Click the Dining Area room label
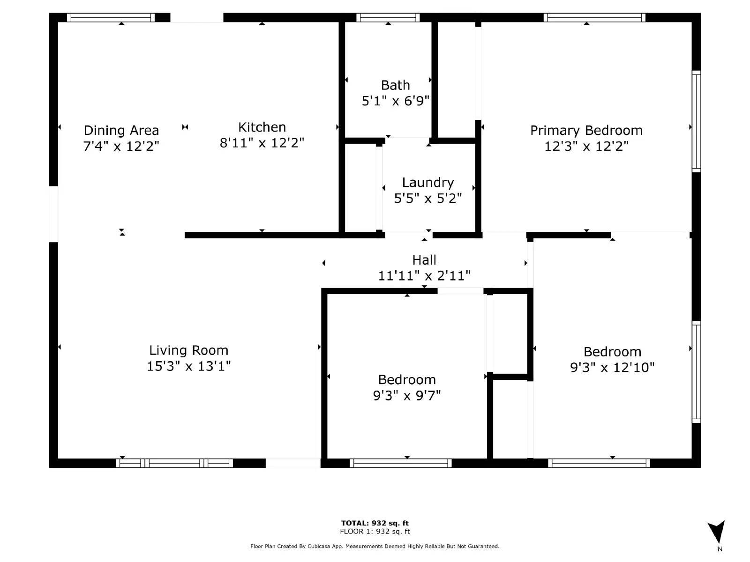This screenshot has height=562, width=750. tap(121, 130)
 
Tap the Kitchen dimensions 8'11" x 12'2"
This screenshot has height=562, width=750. tap(262, 143)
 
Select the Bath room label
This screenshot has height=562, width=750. tap(395, 85)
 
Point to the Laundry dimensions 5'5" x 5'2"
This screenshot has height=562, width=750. tap(427, 199)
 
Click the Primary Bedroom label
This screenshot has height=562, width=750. tap(586, 130)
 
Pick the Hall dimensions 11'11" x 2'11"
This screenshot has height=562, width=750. tap(424, 276)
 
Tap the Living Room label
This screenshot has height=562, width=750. tap(188, 350)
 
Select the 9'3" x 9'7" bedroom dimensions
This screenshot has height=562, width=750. tap(407, 396)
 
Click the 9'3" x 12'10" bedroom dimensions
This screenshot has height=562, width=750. tap(612, 368)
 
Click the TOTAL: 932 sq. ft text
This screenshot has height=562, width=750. tap(375, 523)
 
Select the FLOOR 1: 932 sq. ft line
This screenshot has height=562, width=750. tap(375, 532)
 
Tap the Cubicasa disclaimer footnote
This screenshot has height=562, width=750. tap(375, 546)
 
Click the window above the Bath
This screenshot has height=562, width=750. tap(388, 18)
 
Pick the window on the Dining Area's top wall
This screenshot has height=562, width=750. tap(111, 18)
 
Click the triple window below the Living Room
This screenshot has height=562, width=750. tap(174, 463)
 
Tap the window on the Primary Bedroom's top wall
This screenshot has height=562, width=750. tap(594, 18)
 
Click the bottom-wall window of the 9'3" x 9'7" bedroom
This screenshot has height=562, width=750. tap(401, 463)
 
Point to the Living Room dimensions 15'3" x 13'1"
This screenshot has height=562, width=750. tap(188, 366)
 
